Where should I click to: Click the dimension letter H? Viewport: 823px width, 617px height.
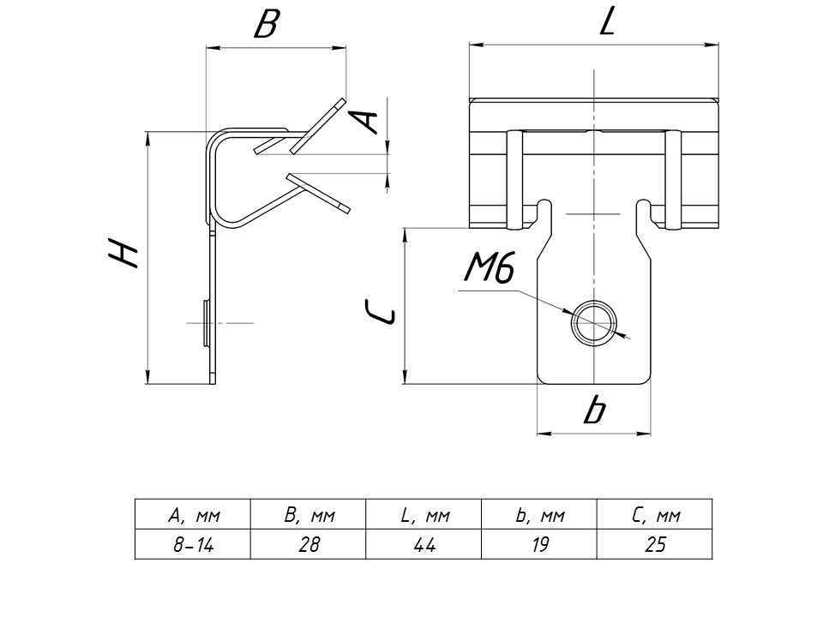pos(123,254)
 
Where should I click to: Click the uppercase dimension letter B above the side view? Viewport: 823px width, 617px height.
pos(267,26)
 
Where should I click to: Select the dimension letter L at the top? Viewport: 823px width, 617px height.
pos(607,21)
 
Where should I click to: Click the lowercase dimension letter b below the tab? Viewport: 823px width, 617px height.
pos(592,412)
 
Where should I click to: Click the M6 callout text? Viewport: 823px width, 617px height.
pos(489,270)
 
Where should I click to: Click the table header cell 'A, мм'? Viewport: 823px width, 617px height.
pos(192,516)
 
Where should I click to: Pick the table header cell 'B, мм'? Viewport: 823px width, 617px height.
pos(308,516)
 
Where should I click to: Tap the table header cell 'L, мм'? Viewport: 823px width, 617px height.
pos(424,516)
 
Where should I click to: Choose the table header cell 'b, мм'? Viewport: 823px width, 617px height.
pos(539,516)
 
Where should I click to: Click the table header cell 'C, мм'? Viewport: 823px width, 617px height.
pos(655,516)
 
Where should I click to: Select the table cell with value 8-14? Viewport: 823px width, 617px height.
pos(192,544)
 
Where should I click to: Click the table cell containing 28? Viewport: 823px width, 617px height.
pos(308,544)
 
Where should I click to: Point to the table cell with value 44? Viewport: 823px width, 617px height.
pos(424,544)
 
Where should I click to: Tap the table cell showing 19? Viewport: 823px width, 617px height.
pos(539,544)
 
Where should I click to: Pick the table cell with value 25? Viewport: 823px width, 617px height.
pos(655,544)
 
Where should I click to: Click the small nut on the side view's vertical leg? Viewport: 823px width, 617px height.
pos(206,322)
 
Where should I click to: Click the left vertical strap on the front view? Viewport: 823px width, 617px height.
pos(516,180)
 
